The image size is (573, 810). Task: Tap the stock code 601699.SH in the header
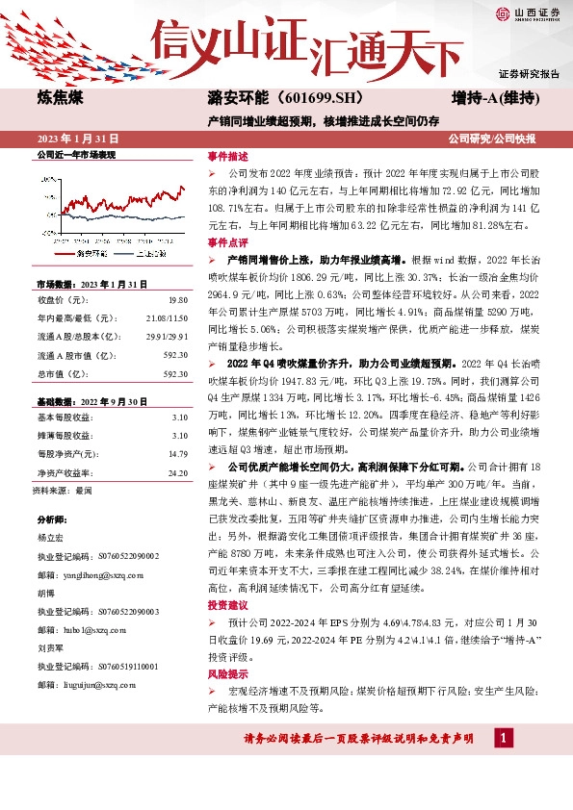click(x=293, y=99)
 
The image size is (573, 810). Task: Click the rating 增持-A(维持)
click(x=494, y=99)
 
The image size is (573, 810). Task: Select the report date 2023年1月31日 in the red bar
click(x=73, y=138)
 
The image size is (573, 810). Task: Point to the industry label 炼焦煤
click(x=59, y=99)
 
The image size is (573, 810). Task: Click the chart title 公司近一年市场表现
click(x=75, y=154)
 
